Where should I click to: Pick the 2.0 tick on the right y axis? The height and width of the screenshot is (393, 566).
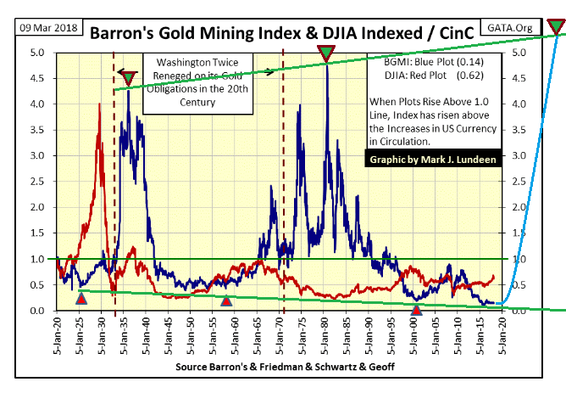(519, 207)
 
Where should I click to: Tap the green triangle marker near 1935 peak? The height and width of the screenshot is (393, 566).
(128, 79)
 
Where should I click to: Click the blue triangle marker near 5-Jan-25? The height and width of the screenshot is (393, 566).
(81, 298)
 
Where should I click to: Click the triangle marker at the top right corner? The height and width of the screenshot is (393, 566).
(557, 25)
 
